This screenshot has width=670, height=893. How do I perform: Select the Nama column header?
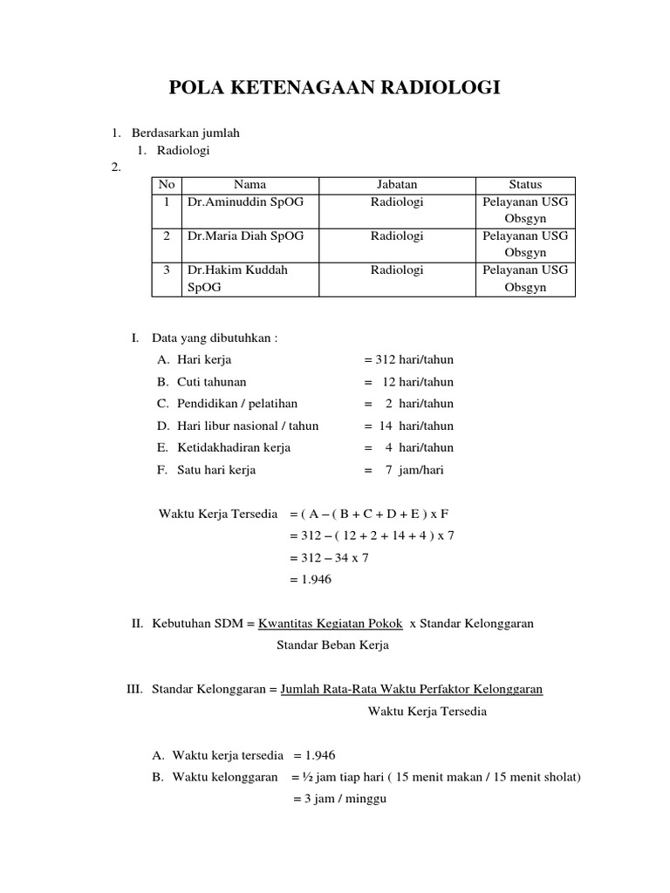click(x=250, y=184)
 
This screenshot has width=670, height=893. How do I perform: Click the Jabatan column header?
click(x=397, y=184)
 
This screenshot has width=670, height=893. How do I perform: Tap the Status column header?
click(x=525, y=184)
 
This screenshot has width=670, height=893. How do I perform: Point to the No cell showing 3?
click(x=166, y=270)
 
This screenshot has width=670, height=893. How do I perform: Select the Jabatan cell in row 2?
click(x=397, y=235)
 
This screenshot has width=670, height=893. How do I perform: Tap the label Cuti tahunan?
click(x=211, y=382)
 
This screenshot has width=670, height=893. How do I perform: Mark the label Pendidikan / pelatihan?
click(x=236, y=404)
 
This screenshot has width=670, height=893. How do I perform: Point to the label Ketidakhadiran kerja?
click(x=233, y=447)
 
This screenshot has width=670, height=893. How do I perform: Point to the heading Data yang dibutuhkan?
click(x=214, y=337)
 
